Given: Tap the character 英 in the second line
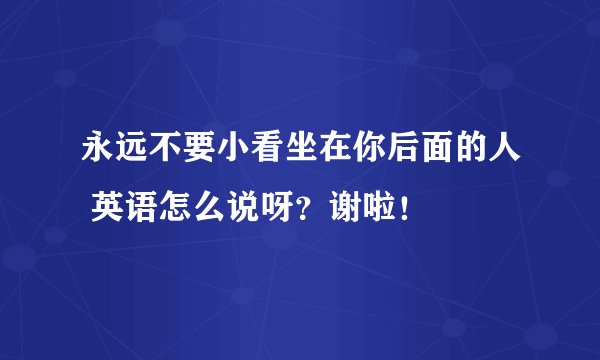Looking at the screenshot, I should (x=110, y=209).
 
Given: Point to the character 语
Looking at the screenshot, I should (x=142, y=209).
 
